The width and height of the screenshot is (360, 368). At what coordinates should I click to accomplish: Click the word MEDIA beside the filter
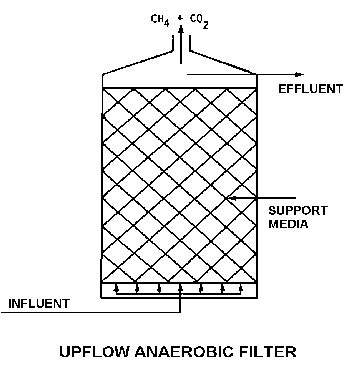click(289, 225)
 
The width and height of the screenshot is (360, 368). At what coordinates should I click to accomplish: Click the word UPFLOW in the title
click(93, 351)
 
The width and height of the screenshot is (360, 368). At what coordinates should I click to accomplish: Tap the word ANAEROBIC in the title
click(179, 351)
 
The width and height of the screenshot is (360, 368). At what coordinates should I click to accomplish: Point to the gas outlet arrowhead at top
click(180, 29)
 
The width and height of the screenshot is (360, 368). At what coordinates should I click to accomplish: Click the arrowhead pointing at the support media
click(232, 198)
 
